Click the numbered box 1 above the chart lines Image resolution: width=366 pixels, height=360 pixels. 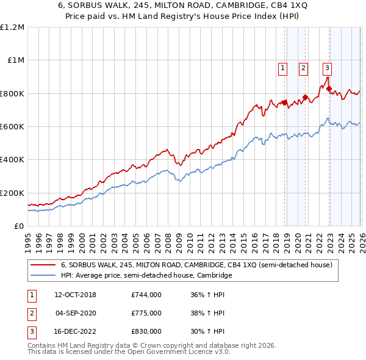pos(284,68)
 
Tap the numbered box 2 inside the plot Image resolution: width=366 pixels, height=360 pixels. pos(303,68)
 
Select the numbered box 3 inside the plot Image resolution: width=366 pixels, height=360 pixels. pos(328,68)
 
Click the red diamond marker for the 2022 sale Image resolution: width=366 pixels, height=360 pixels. pos(329,89)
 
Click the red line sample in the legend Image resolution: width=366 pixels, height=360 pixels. pos(43,265)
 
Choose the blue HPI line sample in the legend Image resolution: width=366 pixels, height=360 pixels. pos(43,276)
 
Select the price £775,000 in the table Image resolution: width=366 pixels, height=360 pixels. pos(146,313)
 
